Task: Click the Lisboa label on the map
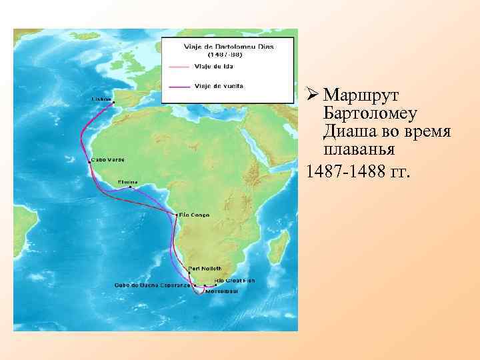tap(101, 97)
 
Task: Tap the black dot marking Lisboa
tap(114, 102)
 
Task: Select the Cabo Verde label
tap(107, 160)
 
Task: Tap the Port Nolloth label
tap(201, 268)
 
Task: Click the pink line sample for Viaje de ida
tap(179, 66)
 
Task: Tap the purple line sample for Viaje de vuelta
tap(179, 85)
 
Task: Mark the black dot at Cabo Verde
tap(89, 161)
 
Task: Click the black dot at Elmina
tap(131, 187)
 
